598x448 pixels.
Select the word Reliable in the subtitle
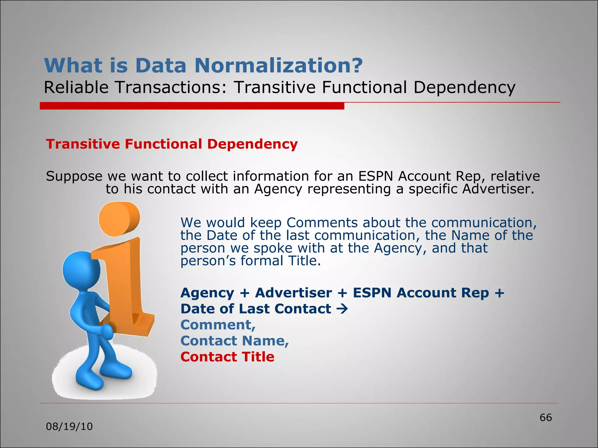pyautogui.click(x=77, y=87)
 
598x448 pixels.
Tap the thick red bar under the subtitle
pyautogui.click(x=192, y=106)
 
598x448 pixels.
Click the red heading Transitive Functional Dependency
pyautogui.click(x=172, y=144)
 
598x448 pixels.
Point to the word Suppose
pyautogui.click(x=74, y=176)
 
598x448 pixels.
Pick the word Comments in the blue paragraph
pyautogui.click(x=322, y=223)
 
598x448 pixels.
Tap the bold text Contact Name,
pyautogui.click(x=234, y=341)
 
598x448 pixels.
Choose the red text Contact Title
pyautogui.click(x=227, y=357)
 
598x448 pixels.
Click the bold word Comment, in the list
pyautogui.click(x=218, y=325)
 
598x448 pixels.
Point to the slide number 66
pyautogui.click(x=545, y=418)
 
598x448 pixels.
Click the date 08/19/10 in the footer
pyautogui.click(x=69, y=427)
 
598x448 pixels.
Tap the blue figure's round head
pyautogui.click(x=80, y=268)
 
